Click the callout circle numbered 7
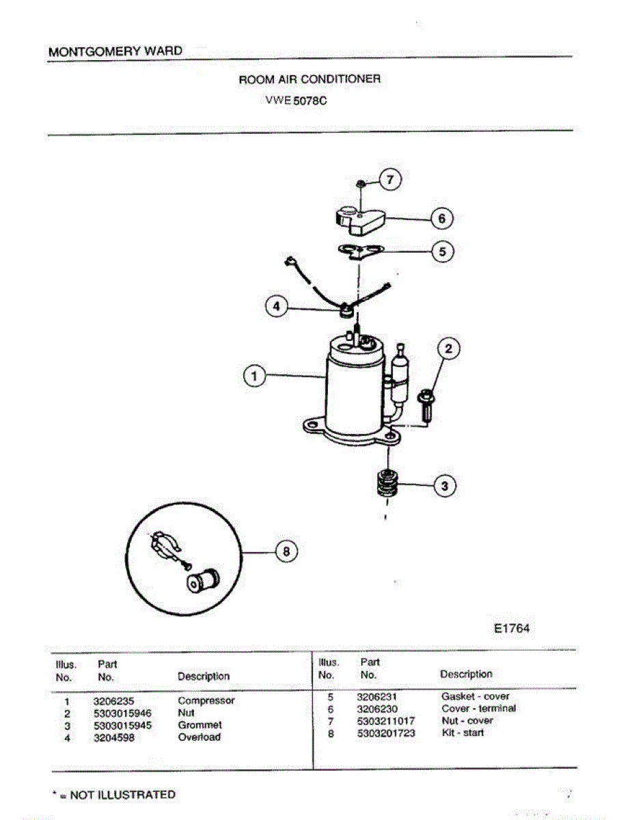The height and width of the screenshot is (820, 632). (x=389, y=180)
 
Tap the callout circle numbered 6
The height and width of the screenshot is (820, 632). (x=442, y=219)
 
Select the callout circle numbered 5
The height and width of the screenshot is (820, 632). (x=442, y=251)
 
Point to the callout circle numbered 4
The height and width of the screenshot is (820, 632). (x=276, y=307)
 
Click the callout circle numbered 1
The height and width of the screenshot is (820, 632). (x=254, y=375)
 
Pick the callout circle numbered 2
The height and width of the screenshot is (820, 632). (x=448, y=349)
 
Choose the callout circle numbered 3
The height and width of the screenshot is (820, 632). (x=445, y=487)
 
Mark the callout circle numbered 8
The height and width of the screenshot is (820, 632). (x=286, y=551)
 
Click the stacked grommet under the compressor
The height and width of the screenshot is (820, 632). (x=387, y=486)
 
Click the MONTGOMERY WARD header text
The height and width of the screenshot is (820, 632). (x=115, y=51)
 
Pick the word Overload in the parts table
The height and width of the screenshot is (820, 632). (x=200, y=737)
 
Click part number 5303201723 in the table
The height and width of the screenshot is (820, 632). (x=386, y=733)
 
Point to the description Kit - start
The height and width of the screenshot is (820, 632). (x=463, y=733)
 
